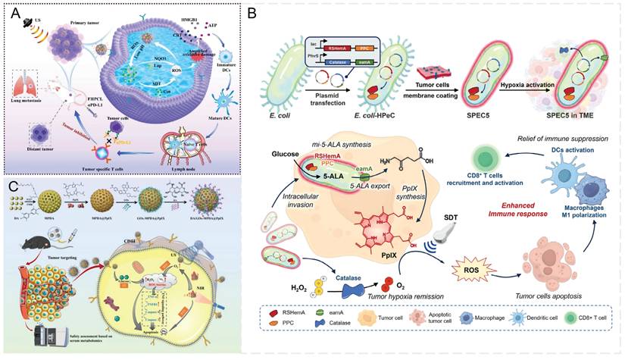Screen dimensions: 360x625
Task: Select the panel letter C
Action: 12,185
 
